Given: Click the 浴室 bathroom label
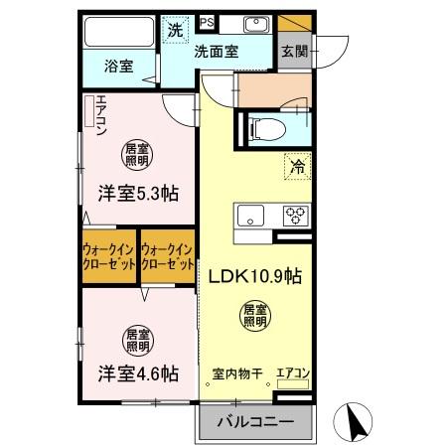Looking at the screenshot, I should click(120, 67).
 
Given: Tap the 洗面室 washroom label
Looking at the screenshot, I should click(215, 52).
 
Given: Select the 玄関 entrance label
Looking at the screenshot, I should click(293, 52).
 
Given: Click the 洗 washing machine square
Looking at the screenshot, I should click(174, 30).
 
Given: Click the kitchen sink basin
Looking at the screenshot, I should click(249, 214).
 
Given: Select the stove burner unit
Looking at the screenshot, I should click(296, 215).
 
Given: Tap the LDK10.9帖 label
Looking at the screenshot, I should click(254, 278).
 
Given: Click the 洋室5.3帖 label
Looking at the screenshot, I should click(137, 194).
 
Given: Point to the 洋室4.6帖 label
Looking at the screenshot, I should click(137, 373).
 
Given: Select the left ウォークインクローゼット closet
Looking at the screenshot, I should click(109, 258).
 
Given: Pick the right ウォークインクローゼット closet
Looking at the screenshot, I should click(168, 258).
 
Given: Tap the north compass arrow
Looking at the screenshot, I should click(354, 422).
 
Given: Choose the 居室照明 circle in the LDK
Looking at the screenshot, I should click(254, 317).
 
